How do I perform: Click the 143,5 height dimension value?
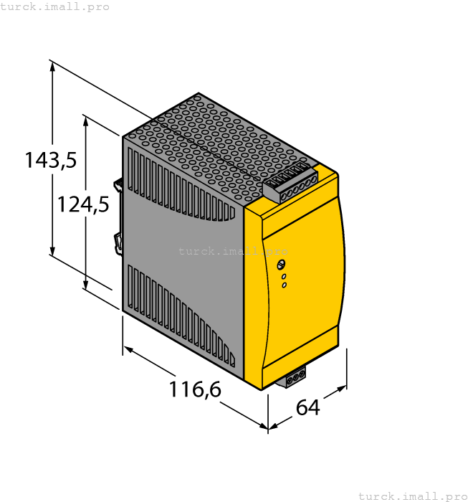click(x=50, y=160)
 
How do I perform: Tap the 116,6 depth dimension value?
click(x=195, y=389)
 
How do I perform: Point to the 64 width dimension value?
click(x=307, y=407)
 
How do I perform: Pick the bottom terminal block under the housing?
click(x=295, y=377)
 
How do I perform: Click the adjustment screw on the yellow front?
click(x=282, y=266)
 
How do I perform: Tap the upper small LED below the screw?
click(x=284, y=277)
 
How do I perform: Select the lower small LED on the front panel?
click(x=284, y=285)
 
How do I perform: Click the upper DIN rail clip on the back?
click(x=120, y=184)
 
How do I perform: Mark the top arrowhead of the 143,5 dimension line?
click(x=52, y=66)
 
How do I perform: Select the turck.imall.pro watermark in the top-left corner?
click(x=55, y=6)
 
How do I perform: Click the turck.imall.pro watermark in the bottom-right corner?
click(x=412, y=496)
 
